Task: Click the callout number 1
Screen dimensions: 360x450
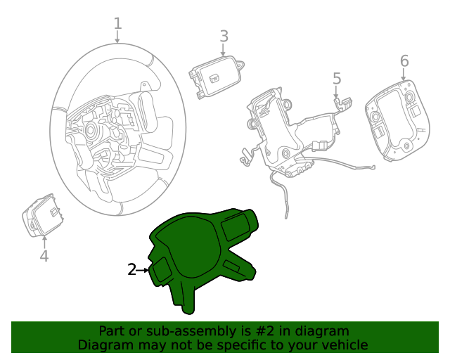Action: pyautogui.click(x=117, y=24)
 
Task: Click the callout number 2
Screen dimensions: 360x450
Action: pyautogui.click(x=131, y=269)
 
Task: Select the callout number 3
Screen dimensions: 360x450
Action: pyautogui.click(x=224, y=36)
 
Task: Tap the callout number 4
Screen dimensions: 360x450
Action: pyautogui.click(x=44, y=257)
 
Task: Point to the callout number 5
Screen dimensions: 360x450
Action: pyautogui.click(x=336, y=78)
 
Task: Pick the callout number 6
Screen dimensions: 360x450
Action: pyautogui.click(x=404, y=61)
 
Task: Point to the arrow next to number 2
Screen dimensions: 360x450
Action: pyautogui.click(x=144, y=269)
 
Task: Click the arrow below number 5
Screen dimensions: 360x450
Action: pyautogui.click(x=336, y=91)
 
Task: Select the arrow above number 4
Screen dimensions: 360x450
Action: pyautogui.click(x=44, y=241)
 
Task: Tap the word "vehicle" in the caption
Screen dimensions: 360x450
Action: pyautogui.click(x=344, y=345)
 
